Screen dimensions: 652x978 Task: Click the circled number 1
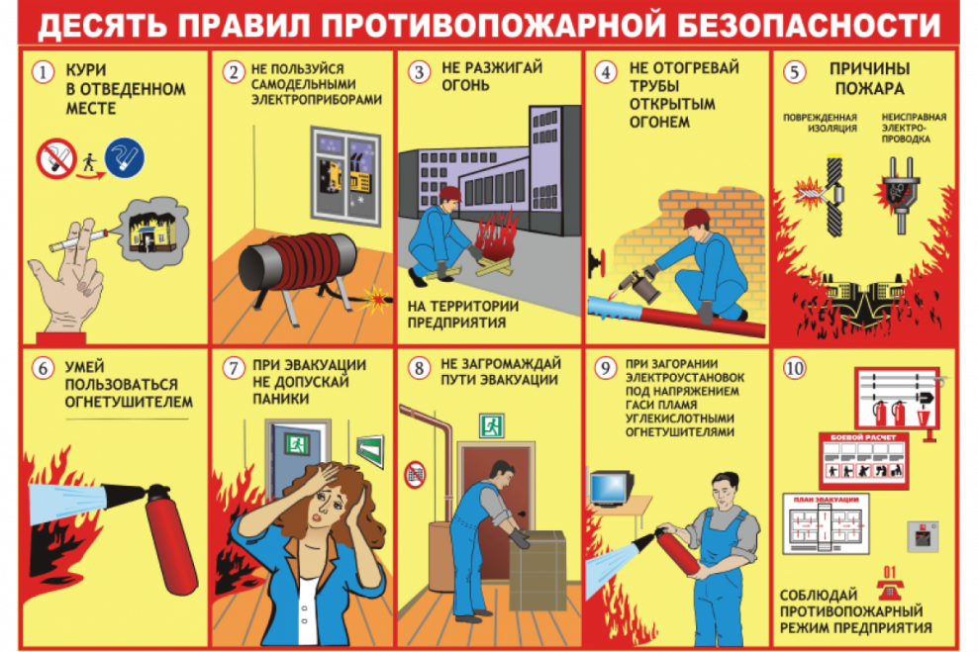pos(42,72)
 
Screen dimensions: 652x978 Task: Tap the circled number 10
pos(794,368)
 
